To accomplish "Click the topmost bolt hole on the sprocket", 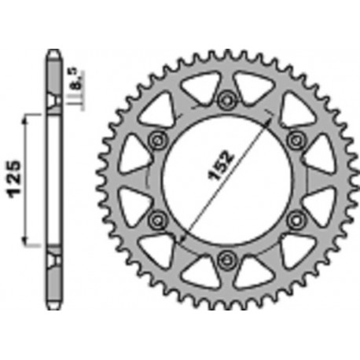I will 228,99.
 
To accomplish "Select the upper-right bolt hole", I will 296,138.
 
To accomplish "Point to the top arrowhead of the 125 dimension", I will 28,118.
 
